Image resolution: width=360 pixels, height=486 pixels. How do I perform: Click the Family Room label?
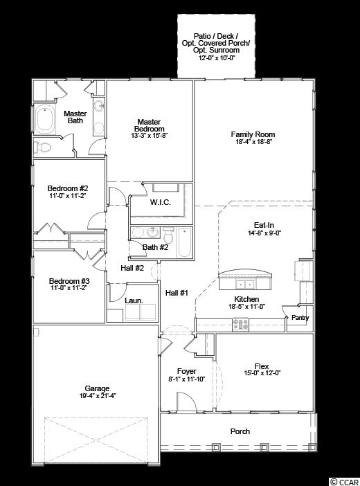[x=253, y=134]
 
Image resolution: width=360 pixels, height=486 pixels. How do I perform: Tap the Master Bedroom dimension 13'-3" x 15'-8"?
[x=149, y=136]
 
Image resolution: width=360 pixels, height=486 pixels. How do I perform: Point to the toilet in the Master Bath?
[x=42, y=147]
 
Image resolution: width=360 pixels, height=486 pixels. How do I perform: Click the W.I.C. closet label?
[x=161, y=202]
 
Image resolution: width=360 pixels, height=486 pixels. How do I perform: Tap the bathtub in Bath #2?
[x=185, y=243]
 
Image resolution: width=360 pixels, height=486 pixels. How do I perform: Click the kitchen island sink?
[x=245, y=284]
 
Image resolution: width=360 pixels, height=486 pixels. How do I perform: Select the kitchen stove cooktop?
[x=241, y=324]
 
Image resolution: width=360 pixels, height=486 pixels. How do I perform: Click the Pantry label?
[x=300, y=318]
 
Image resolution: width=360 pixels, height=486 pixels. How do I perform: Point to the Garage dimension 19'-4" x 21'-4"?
[x=98, y=396]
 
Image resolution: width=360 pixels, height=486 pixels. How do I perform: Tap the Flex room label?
[x=262, y=366]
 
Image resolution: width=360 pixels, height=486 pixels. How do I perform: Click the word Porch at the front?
[x=240, y=431]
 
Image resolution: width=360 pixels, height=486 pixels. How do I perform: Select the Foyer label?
[x=187, y=371]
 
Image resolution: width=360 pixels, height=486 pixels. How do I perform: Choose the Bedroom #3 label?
[x=69, y=281]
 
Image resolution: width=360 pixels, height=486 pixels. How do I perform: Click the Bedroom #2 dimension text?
[x=68, y=196]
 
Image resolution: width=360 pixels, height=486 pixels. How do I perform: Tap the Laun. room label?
[x=134, y=300]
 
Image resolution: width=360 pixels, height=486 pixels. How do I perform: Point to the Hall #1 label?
[x=177, y=293]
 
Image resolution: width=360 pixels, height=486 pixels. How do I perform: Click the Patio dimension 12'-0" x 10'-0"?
[x=216, y=57]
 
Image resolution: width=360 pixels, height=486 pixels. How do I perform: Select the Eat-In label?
[x=264, y=225]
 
